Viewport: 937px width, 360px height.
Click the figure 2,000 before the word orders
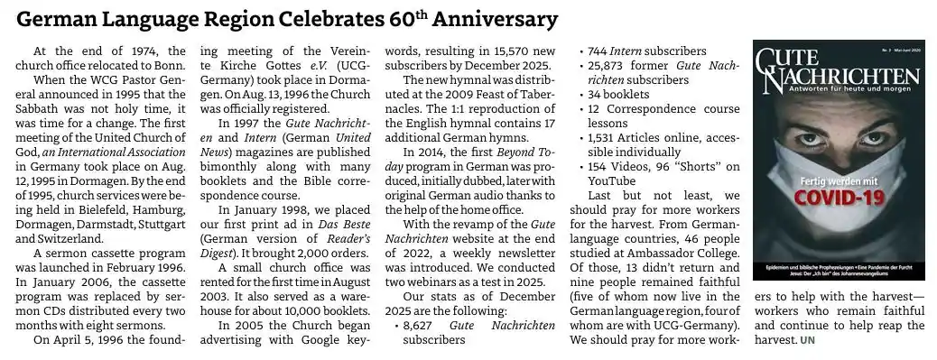(x=296, y=254)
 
